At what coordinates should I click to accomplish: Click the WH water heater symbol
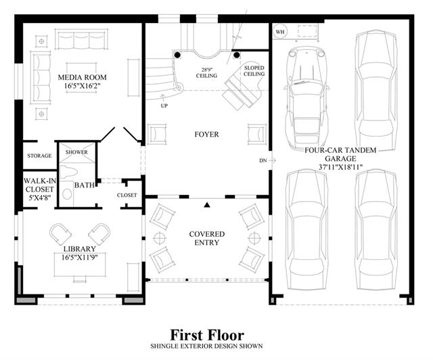point(280,32)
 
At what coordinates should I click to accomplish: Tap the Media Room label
point(82,77)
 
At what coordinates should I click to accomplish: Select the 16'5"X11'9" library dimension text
point(80,257)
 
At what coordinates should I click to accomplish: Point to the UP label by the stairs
point(164,106)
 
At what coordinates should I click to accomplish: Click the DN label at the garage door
point(263,160)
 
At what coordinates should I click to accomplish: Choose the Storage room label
point(39,156)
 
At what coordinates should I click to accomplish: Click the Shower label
point(76,152)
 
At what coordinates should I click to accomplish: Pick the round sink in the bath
point(67,194)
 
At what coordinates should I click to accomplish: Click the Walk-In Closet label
point(40,189)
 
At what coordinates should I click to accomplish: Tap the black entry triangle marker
point(207,205)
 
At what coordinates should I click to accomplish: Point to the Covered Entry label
point(207,238)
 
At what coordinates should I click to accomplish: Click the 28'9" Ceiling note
point(206,72)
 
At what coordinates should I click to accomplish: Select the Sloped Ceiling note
point(254,71)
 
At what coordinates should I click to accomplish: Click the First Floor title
point(207,335)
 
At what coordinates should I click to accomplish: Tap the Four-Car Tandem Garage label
point(340,154)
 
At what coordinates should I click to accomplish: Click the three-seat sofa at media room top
point(81,39)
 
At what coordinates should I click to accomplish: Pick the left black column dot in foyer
point(177,55)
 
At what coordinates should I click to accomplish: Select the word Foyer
point(206,135)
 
